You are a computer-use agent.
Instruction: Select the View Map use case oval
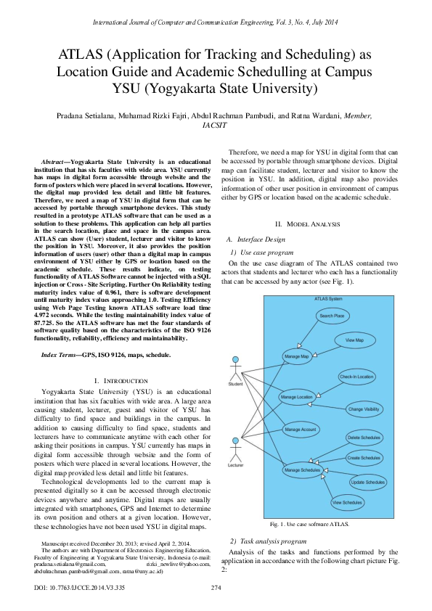(354, 340)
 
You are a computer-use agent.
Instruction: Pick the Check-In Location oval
(356, 377)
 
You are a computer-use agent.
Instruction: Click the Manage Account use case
(300, 430)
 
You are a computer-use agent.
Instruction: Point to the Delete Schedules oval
(364, 438)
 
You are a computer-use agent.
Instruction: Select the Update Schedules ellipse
(367, 482)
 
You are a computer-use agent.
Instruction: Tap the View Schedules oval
(347, 502)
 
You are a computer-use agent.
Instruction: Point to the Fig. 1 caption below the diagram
(309, 523)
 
